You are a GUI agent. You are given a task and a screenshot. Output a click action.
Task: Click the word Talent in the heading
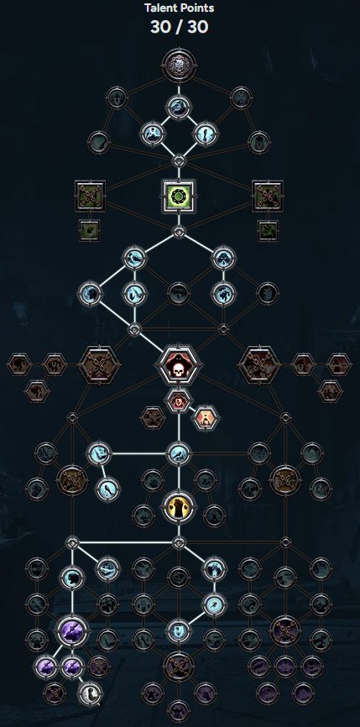click(x=160, y=8)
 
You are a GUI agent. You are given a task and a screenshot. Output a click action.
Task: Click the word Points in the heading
click(x=197, y=8)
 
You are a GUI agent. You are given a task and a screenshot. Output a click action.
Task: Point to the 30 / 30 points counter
click(x=180, y=28)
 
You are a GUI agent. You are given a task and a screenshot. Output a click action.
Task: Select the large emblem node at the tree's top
click(x=180, y=65)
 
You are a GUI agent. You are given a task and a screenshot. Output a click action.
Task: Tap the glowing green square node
click(x=179, y=196)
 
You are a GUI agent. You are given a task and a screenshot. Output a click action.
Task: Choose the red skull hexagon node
click(x=179, y=365)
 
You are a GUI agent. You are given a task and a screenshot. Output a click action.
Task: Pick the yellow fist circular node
click(x=179, y=506)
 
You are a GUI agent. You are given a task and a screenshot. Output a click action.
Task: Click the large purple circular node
click(x=72, y=631)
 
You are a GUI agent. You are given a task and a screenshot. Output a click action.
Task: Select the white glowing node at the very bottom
click(x=90, y=693)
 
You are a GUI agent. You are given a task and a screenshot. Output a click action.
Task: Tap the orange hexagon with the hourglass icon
click(x=206, y=418)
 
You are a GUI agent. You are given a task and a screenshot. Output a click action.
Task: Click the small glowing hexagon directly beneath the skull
click(x=179, y=400)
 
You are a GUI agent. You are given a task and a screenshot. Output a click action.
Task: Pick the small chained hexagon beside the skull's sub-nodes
click(x=152, y=418)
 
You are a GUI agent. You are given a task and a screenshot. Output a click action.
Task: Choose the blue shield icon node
click(x=179, y=631)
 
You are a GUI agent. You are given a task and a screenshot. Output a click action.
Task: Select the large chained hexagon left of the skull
click(x=99, y=365)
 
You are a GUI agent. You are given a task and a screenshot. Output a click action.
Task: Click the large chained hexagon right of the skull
click(x=259, y=365)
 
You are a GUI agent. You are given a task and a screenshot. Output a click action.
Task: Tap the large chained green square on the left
click(x=90, y=196)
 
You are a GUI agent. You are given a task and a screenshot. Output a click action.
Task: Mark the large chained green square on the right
click(x=268, y=196)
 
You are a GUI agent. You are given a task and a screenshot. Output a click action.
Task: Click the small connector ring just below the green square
click(x=179, y=232)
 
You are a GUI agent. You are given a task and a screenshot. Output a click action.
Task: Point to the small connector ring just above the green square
click(x=179, y=161)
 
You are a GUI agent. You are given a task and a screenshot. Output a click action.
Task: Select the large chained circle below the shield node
click(x=179, y=667)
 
